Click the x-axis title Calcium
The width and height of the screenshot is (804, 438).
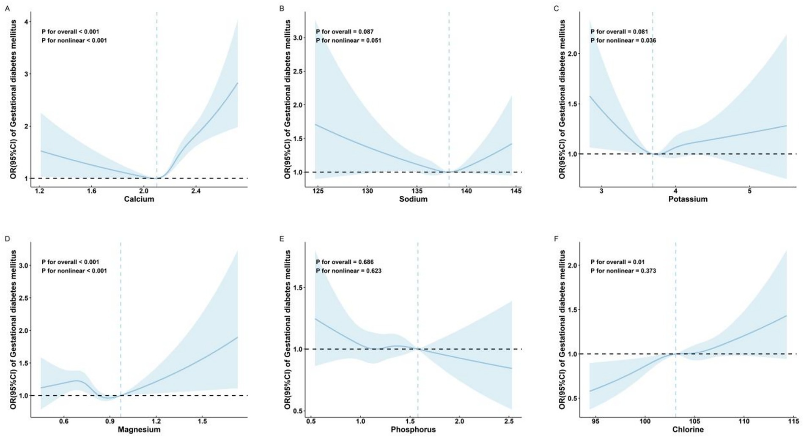(139, 199)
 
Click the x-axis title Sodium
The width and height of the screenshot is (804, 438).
(413, 199)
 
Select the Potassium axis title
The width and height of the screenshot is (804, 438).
(688, 199)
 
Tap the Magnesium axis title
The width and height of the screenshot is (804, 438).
(139, 430)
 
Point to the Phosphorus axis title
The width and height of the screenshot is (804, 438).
(413, 430)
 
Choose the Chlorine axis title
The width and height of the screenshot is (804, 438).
(688, 430)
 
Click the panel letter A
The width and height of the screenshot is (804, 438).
(7, 8)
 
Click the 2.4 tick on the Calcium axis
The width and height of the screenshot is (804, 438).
(196, 191)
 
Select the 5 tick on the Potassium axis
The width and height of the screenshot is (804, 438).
(749, 191)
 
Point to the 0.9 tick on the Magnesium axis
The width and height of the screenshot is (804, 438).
(110, 422)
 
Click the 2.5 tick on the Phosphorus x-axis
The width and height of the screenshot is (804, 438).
(509, 422)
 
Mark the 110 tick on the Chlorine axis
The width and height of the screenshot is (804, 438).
(744, 422)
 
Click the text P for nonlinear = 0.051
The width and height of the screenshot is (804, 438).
(348, 41)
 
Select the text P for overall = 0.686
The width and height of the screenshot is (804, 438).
(345, 262)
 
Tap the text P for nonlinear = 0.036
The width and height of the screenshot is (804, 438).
(623, 41)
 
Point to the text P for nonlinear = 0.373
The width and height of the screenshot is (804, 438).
(623, 271)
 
